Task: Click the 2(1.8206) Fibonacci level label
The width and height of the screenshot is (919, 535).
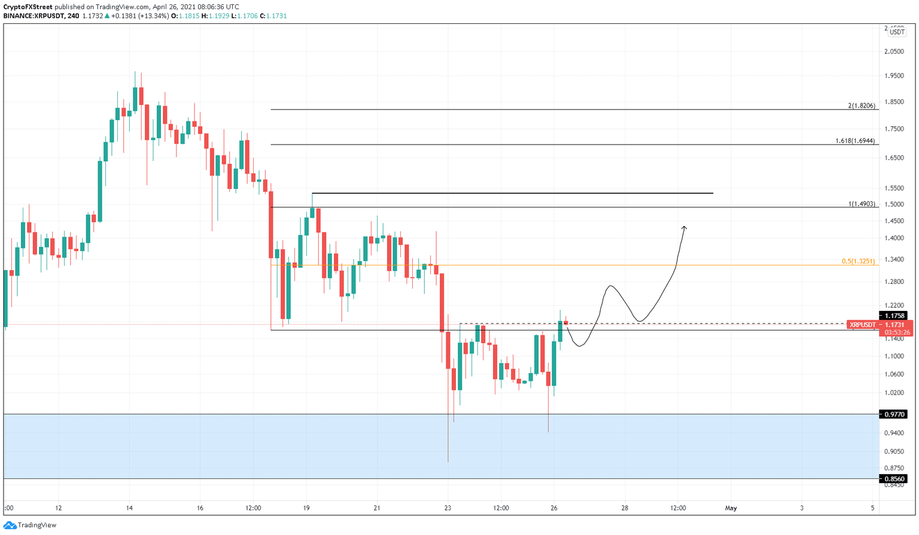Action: tap(862, 105)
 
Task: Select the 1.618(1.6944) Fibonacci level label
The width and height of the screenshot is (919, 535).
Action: tap(855, 141)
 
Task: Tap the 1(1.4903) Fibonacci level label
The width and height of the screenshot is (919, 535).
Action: tap(862, 204)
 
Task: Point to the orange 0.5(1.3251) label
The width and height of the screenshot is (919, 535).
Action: tap(858, 261)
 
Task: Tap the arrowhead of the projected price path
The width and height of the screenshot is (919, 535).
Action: tap(684, 228)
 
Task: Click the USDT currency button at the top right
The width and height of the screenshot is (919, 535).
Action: tap(897, 32)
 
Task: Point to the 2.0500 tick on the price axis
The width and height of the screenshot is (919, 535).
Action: tap(894, 51)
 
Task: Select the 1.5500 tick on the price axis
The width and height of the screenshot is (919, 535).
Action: tap(894, 188)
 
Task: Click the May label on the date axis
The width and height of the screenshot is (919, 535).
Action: tap(731, 508)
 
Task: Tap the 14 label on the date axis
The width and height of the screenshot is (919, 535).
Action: tap(129, 508)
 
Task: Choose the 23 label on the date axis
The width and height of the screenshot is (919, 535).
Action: tap(448, 508)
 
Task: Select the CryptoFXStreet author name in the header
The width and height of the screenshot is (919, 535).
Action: tap(28, 7)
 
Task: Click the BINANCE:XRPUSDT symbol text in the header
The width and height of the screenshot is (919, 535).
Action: tap(34, 16)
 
